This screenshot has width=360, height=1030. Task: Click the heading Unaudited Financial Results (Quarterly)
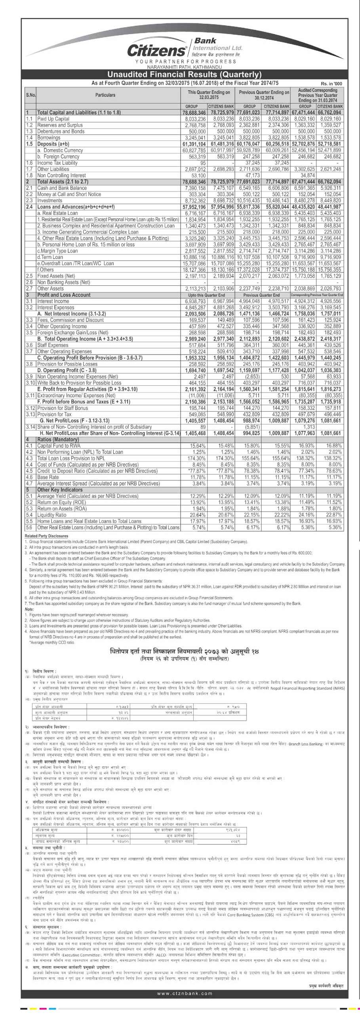click(185, 74)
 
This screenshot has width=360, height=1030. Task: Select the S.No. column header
click(31, 95)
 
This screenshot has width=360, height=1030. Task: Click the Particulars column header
click(105, 95)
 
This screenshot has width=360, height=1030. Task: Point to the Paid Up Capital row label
click(53, 119)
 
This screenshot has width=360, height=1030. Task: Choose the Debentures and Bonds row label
click(61, 131)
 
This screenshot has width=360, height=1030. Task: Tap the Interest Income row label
click(53, 301)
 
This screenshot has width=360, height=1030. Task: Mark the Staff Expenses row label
click(52, 345)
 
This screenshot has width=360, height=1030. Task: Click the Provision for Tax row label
click(56, 414)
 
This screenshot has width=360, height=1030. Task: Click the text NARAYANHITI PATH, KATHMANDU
click(185, 67)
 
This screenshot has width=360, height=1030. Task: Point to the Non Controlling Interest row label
click(61, 175)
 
